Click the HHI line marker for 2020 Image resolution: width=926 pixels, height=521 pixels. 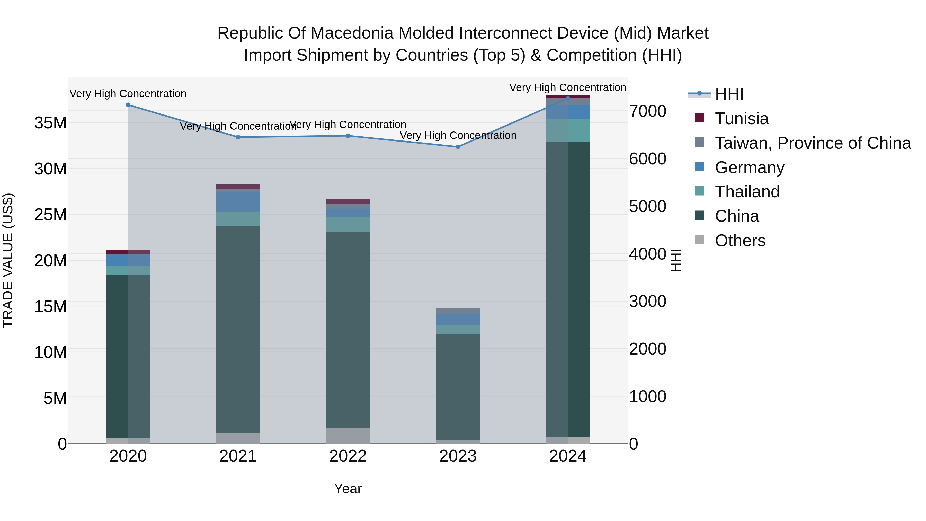(x=128, y=105)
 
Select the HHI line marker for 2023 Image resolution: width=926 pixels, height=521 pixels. (x=458, y=147)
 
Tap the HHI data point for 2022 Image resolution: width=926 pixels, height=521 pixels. (x=348, y=136)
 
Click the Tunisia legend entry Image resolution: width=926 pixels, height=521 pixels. (x=741, y=119)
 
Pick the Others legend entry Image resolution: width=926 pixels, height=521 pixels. (x=740, y=241)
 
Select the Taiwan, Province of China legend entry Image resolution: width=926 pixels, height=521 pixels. (x=812, y=143)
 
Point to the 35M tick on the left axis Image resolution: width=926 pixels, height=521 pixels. (x=50, y=123)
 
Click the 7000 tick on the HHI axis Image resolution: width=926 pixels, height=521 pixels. (x=647, y=111)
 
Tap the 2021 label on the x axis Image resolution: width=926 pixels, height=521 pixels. (x=238, y=456)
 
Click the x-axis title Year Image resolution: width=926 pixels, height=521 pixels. (x=348, y=489)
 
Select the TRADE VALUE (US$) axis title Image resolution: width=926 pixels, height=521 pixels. (x=8, y=260)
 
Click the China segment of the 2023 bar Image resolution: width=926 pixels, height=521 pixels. (x=458, y=387)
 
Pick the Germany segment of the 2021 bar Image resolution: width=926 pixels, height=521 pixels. (x=238, y=202)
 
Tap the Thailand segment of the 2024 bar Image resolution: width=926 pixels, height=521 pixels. (x=568, y=130)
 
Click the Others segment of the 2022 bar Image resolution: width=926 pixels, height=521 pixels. (x=348, y=436)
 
